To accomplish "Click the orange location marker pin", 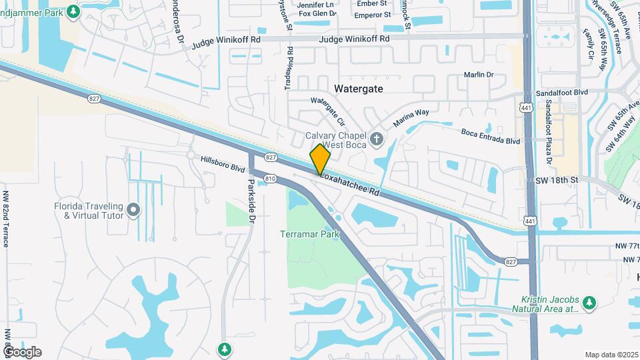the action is [320, 159].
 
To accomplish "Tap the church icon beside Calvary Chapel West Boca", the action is [377, 139].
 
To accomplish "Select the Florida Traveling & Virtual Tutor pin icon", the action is [133, 211].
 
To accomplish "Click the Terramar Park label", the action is [310, 234].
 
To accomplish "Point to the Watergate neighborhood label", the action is [359, 88].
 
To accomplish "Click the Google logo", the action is [22, 352].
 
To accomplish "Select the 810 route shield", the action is [270, 178].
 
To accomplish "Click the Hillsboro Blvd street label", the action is [223, 164].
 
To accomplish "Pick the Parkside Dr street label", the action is [251, 199].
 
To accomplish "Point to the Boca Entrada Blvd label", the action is [491, 136].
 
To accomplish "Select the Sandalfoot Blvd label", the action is [565, 93].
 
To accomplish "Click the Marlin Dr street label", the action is [479, 75].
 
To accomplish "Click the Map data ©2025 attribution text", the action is [611, 354].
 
